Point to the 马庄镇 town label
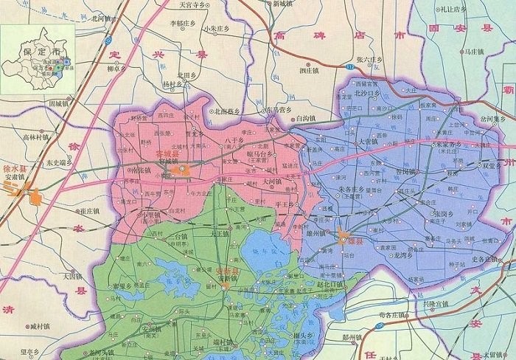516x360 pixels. point(473,52)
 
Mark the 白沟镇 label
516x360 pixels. point(304,117)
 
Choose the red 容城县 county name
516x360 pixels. point(168,155)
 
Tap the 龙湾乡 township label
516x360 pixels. point(406,253)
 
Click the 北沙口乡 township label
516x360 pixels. point(366,94)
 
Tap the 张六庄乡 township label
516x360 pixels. point(367,60)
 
